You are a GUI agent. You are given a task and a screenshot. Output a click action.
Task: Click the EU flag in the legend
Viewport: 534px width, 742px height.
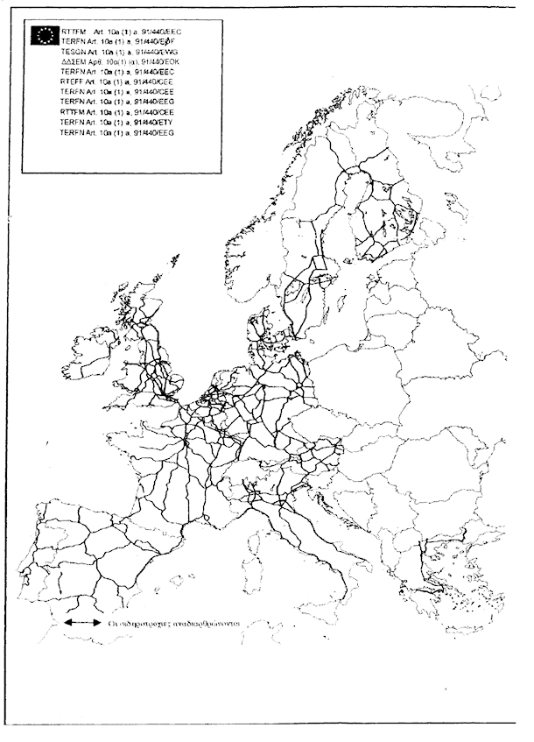(x=43, y=34)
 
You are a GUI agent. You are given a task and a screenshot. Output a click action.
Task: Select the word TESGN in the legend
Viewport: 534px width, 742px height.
(x=74, y=52)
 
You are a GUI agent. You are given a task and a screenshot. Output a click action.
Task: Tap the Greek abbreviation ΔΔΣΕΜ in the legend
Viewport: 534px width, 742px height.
(x=74, y=62)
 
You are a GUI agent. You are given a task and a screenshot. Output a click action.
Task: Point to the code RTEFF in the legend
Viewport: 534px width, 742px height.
(x=74, y=82)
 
